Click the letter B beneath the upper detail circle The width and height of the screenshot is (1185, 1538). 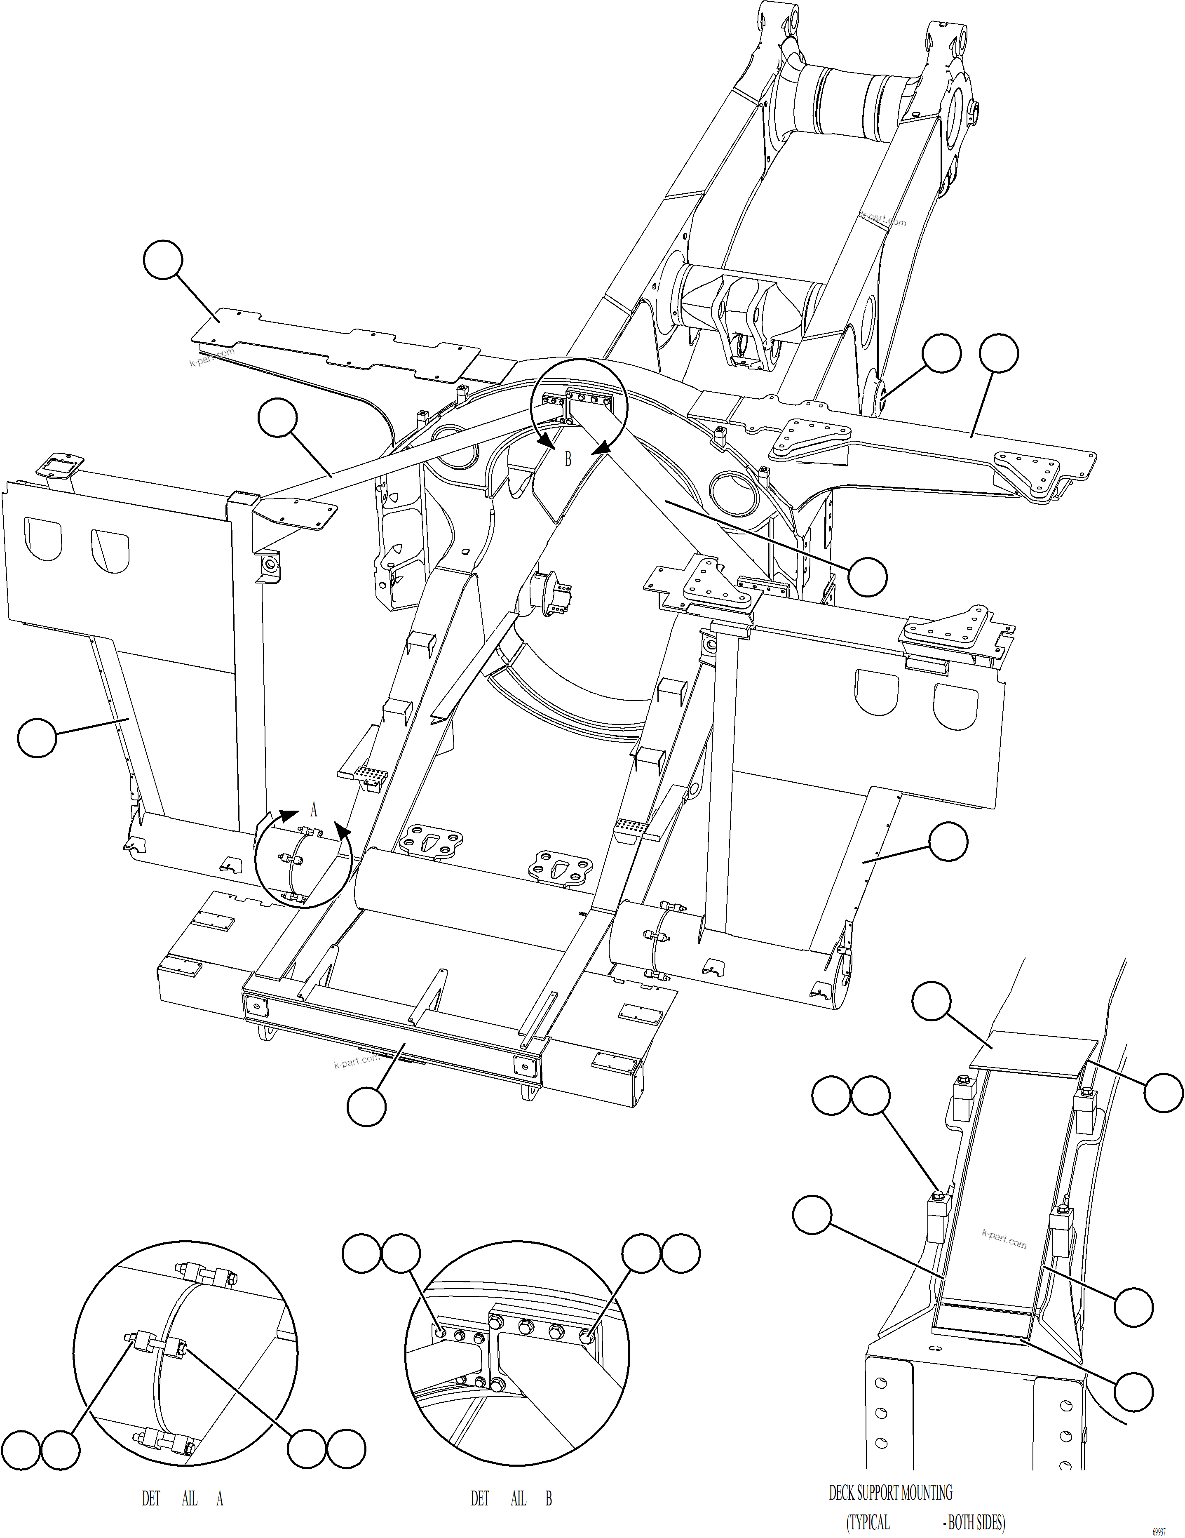568,459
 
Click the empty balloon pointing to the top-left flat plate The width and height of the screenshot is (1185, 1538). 163,260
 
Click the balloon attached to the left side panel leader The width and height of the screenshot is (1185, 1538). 37,737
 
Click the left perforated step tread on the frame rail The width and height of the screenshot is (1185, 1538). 368,775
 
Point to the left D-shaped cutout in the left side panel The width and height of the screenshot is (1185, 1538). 44,539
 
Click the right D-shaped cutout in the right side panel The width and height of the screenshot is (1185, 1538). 955,706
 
